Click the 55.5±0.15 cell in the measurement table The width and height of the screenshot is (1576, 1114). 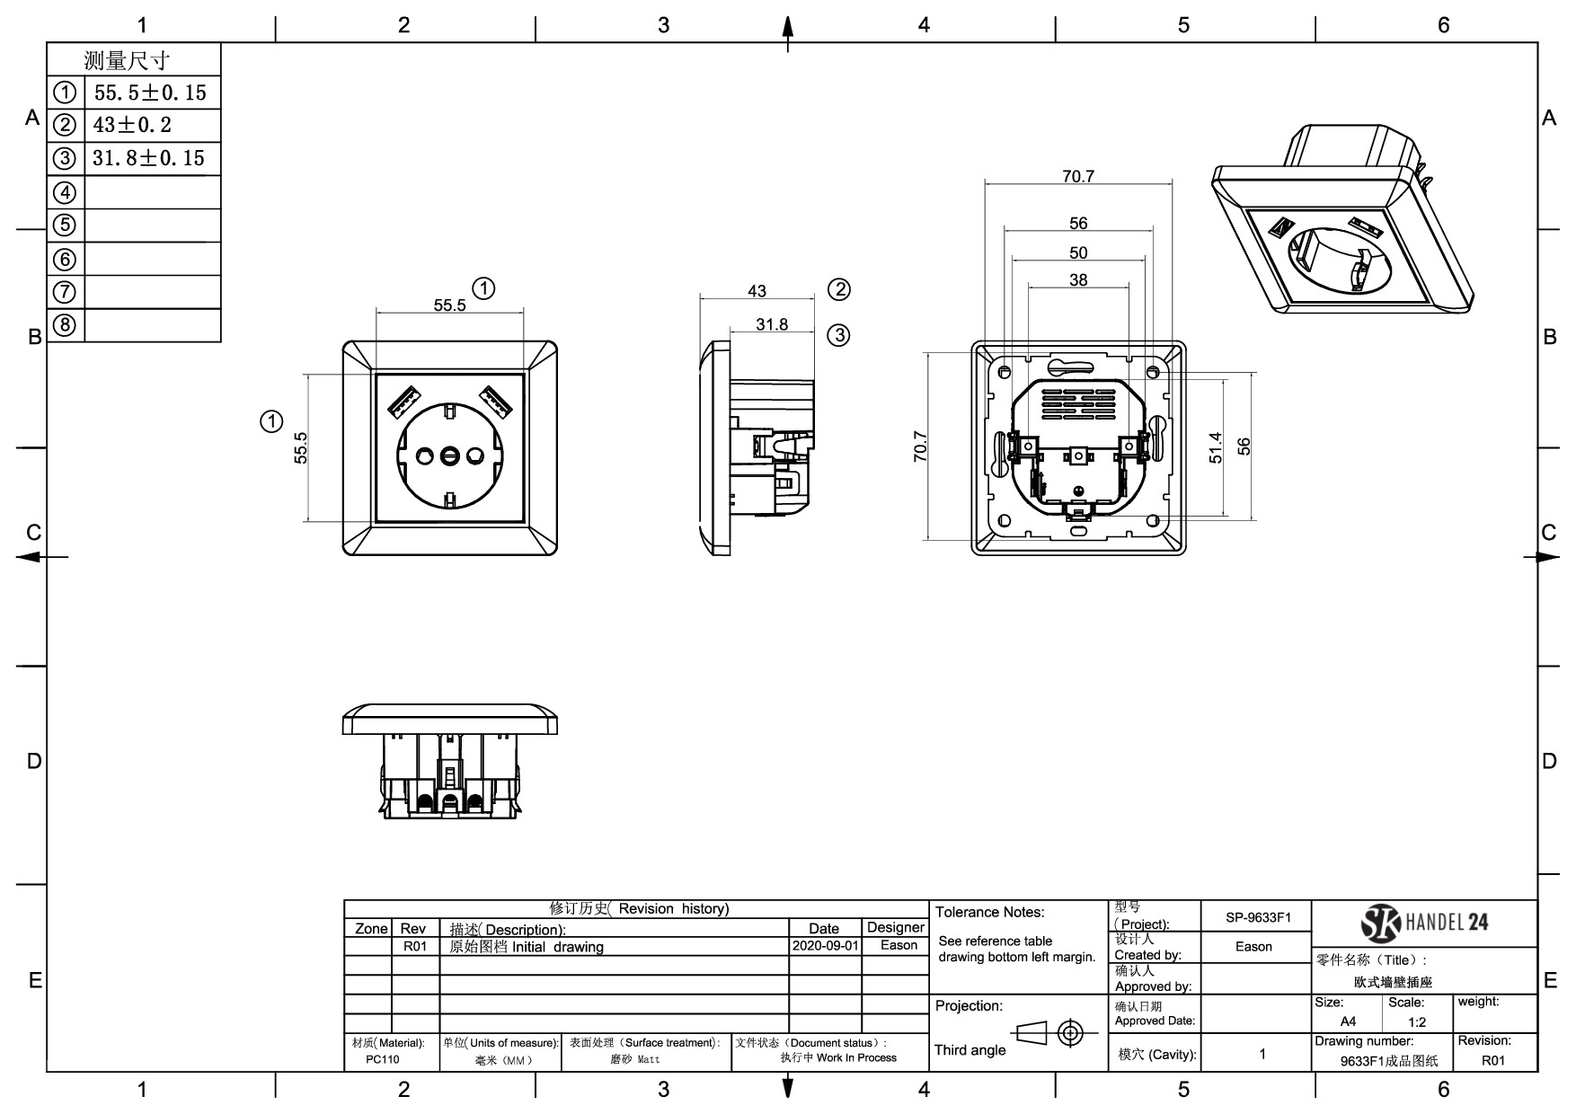point(150,93)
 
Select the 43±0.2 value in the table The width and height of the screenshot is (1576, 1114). point(132,125)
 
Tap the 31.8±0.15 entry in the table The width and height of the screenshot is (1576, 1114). point(149,158)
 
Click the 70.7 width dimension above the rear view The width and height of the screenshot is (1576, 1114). point(1078,176)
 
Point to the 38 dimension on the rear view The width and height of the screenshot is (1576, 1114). point(1078,279)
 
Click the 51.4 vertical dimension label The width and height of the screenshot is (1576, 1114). point(1216,447)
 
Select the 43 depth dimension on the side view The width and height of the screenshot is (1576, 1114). point(757,291)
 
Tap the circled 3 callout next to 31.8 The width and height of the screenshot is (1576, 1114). point(837,335)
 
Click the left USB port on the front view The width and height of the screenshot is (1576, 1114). point(405,401)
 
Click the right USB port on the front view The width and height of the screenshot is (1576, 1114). point(494,401)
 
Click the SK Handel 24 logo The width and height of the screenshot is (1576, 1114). point(1425,923)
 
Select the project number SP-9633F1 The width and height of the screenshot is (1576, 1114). point(1257,917)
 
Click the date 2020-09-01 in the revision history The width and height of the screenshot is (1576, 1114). point(825,946)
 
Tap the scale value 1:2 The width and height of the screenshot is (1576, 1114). point(1417,1021)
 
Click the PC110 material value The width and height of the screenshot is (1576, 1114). point(383,1059)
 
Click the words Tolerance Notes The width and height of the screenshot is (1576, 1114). point(989,912)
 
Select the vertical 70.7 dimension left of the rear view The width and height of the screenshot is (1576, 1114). point(920,446)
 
